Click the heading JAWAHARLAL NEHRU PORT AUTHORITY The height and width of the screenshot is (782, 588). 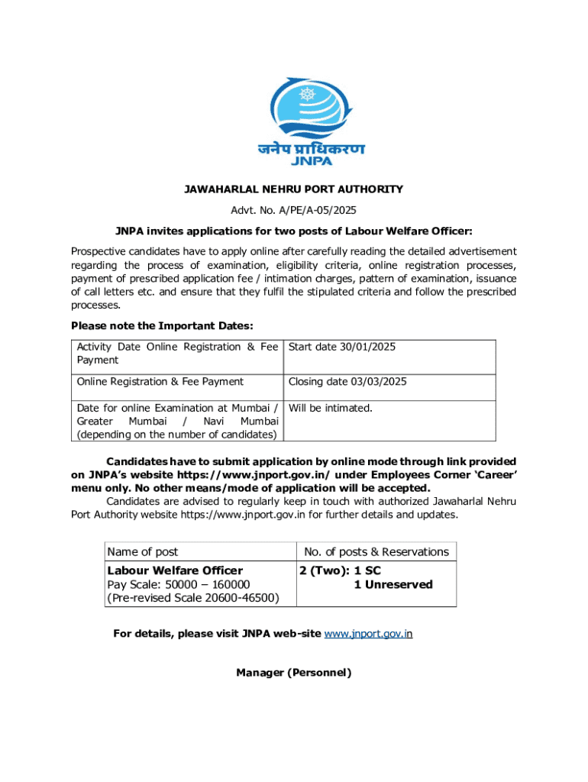click(x=293, y=189)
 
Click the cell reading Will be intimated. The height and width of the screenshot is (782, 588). click(x=331, y=408)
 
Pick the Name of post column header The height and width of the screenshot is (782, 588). click(x=143, y=551)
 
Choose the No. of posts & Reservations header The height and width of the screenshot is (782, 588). click(x=376, y=551)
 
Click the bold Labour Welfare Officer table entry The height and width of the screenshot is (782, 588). click(x=175, y=570)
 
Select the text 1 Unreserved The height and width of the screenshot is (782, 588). click(x=393, y=584)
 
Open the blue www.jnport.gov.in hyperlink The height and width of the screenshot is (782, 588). click(x=368, y=634)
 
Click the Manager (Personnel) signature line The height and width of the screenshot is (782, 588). click(x=293, y=673)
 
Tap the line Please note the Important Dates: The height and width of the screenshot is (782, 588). click(x=162, y=326)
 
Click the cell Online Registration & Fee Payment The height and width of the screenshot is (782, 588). click(x=160, y=382)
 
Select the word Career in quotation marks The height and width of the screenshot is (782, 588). click(x=494, y=475)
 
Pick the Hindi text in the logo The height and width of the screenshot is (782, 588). click(x=311, y=149)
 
